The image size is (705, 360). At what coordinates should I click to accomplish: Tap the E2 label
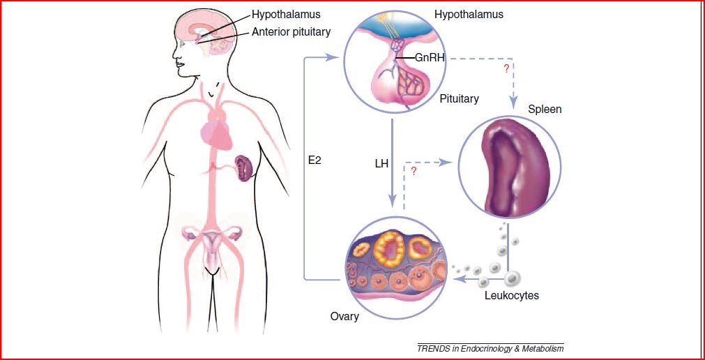tap(314, 160)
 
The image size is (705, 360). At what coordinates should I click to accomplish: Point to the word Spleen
tap(545, 110)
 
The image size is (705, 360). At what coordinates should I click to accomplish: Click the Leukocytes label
tap(512, 296)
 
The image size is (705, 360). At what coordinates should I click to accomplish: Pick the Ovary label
tap(344, 317)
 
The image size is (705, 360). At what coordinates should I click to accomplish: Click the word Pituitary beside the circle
tap(459, 98)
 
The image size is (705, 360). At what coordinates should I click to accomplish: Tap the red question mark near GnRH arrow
tap(506, 69)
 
